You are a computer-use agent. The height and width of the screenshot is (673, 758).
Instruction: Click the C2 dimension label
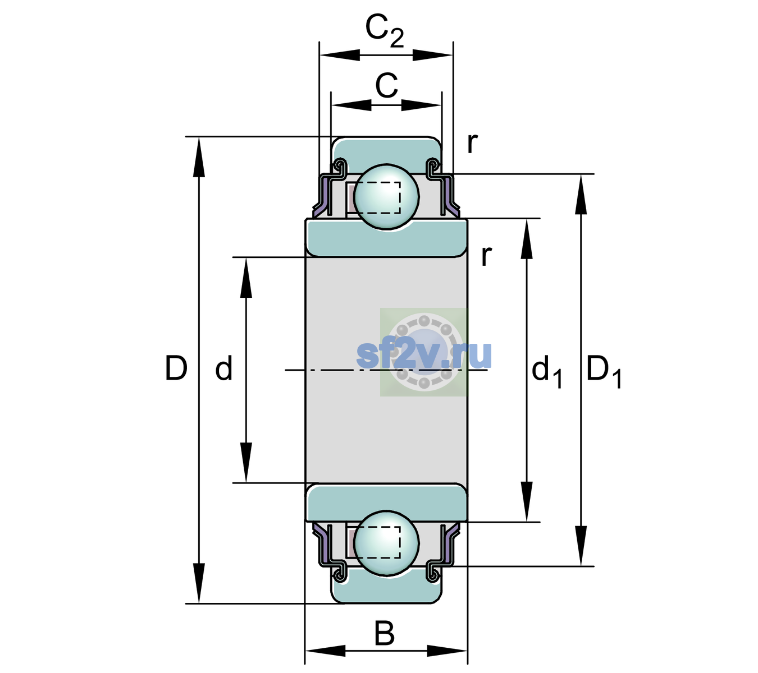click(385, 31)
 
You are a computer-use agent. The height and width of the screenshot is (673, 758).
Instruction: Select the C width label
click(386, 86)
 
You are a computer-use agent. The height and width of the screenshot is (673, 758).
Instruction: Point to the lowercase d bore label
click(223, 368)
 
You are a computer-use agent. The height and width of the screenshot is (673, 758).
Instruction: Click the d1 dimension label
click(547, 371)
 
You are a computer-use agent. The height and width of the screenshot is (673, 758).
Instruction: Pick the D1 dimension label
click(604, 371)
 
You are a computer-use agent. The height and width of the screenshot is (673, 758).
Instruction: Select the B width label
click(384, 633)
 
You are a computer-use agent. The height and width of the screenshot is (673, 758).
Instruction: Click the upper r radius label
click(473, 143)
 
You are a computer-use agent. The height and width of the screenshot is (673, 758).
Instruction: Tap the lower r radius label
click(486, 256)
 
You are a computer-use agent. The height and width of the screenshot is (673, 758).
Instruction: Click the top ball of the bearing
click(386, 196)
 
